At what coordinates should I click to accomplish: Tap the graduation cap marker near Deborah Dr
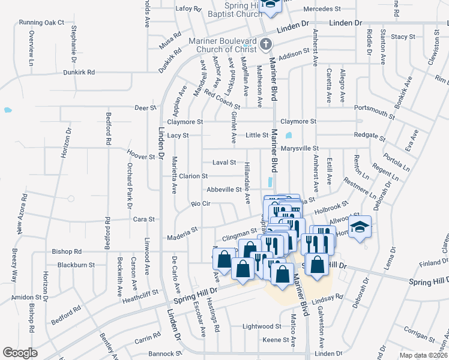[x=360, y=227]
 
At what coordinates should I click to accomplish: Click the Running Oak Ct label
[x=41, y=22]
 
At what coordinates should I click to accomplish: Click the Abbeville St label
[x=224, y=189]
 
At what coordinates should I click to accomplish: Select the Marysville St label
[x=299, y=148]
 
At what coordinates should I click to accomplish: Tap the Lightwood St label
[x=262, y=326]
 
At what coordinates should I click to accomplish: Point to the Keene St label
[x=276, y=340]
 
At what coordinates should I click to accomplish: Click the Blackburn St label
[x=76, y=265]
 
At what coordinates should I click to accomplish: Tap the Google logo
[x=20, y=353]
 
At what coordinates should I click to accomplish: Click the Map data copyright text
[x=423, y=355]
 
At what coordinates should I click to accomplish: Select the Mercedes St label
[x=322, y=9]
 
